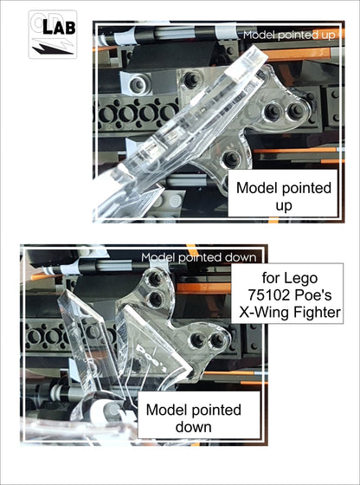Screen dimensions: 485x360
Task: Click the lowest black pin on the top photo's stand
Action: tap(229, 158)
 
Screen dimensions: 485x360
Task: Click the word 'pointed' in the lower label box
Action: tap(214, 409)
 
